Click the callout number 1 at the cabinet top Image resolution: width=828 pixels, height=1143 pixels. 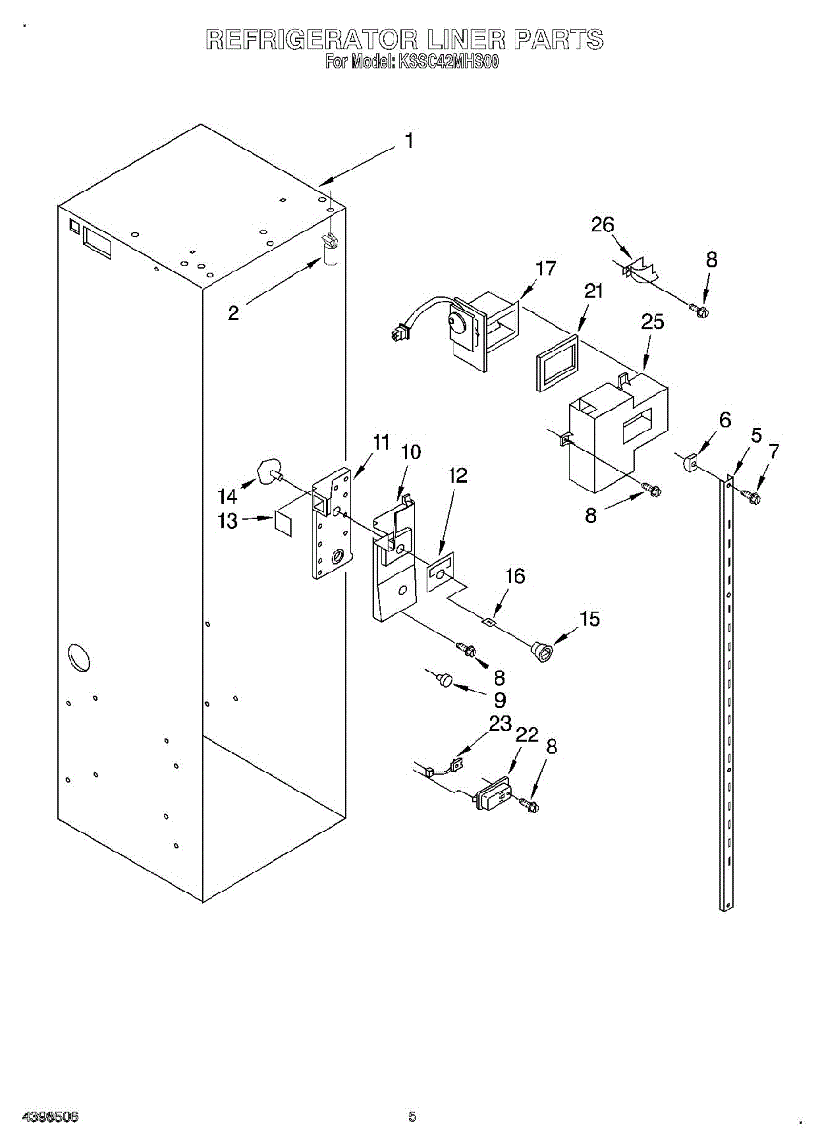click(409, 142)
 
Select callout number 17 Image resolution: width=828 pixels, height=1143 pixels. click(545, 269)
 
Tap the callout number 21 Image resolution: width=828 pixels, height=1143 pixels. click(594, 291)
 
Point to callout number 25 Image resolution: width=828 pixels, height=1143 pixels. click(653, 322)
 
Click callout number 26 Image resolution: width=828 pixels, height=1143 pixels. click(602, 225)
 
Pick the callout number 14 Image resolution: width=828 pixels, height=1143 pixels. click(228, 496)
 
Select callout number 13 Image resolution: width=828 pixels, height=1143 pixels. click(229, 520)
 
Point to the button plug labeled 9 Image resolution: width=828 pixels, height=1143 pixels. click(443, 679)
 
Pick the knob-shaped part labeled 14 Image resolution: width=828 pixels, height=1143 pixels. click(269, 471)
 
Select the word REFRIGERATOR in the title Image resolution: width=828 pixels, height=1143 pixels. click(312, 39)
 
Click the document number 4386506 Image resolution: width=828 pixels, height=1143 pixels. click(50, 1115)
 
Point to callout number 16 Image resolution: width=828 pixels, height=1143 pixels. click(515, 576)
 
